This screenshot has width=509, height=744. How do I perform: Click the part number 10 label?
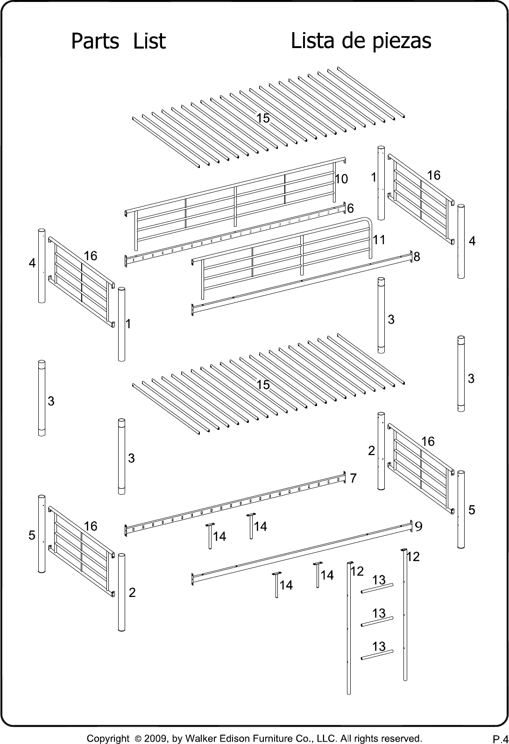pos(341,179)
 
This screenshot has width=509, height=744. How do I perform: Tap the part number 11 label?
pos(379,239)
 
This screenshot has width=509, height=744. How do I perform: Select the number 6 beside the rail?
pos(350,208)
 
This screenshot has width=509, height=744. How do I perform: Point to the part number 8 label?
pos(417,256)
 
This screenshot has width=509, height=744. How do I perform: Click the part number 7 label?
pos(353,478)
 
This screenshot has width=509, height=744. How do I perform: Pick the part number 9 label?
pos(418,526)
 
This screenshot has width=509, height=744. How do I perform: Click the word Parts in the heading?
pos(95,41)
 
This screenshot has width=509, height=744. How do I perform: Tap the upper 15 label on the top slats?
pos(263,118)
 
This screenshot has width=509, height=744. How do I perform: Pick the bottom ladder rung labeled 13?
pos(377,654)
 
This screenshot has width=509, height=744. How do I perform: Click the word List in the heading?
pos(149,41)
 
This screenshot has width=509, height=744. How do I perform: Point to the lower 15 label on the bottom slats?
pos(263,385)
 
